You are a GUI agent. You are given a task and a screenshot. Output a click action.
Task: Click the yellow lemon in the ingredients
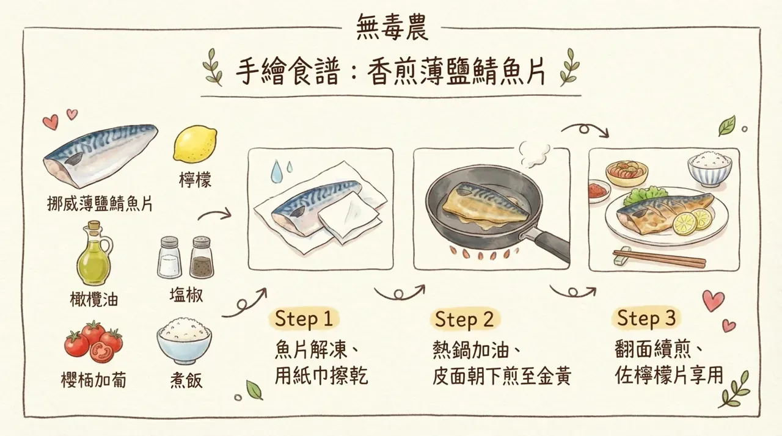[x=195, y=145]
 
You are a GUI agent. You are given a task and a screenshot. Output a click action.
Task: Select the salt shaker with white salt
[x=169, y=258]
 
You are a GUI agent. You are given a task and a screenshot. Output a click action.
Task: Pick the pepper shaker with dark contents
[x=202, y=258]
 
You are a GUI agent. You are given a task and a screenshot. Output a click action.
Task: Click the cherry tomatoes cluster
[x=93, y=341]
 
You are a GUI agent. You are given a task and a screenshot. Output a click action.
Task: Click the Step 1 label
[x=304, y=319]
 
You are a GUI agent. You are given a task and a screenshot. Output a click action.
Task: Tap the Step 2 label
[x=464, y=319]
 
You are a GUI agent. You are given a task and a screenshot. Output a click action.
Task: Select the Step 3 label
[x=646, y=318]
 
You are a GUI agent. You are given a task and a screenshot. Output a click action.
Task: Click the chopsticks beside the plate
[x=660, y=258]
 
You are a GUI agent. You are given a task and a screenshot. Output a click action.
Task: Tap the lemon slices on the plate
[x=693, y=220]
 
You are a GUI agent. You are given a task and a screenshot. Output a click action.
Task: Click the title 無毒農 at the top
[x=390, y=27]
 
